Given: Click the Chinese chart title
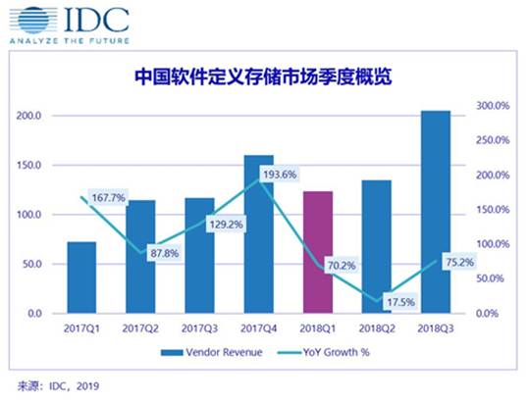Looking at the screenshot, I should coord(263,76).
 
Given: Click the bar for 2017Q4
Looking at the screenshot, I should coord(258,234).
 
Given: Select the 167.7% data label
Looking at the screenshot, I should coord(109,198).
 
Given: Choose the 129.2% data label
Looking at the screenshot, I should coord(218,225).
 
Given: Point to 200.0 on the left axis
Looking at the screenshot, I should coord(31,116).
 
